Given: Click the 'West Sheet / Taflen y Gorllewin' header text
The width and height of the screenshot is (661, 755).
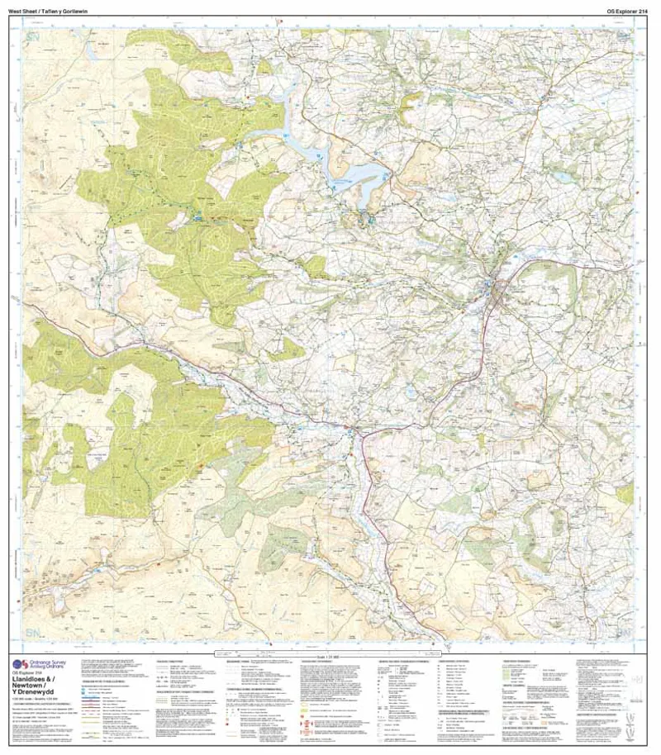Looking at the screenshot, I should [x=50, y=9].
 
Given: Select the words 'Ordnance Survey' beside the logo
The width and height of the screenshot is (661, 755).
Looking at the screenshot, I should [x=49, y=663].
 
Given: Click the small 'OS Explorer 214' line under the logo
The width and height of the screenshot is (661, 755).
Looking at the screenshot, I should [x=29, y=675].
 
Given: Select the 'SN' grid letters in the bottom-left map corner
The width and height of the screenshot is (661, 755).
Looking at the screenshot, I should [x=34, y=633].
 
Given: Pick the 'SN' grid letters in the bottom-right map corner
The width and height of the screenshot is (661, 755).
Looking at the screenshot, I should [x=628, y=633].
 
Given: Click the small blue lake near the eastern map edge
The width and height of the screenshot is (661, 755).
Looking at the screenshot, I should [x=563, y=176].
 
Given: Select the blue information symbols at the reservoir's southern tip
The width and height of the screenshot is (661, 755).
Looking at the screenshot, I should [x=369, y=219].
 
